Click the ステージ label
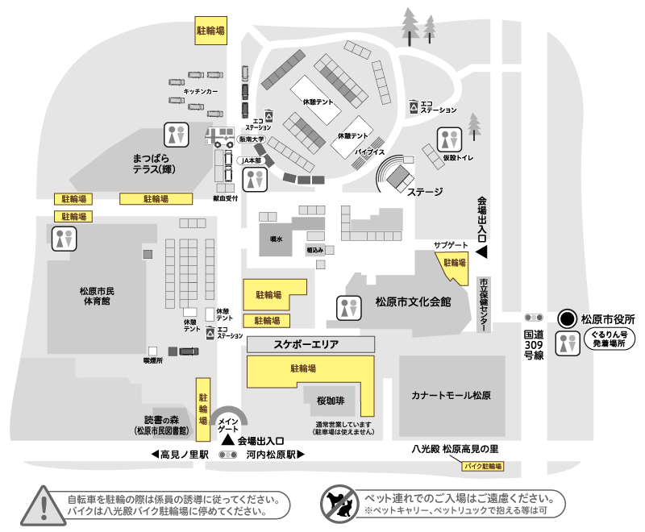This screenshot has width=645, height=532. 425,193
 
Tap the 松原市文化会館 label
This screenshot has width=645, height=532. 413,302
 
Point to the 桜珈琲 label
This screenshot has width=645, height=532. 331,400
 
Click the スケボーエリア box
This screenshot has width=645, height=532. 310,344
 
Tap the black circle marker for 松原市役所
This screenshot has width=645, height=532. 568,318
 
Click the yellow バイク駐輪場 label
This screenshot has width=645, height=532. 483,467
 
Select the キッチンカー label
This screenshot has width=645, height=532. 201,92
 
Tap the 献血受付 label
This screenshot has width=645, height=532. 226,197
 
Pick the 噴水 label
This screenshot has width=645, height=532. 276,239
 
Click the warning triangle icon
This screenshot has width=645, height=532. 40,504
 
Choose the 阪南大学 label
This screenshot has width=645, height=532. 252,139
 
